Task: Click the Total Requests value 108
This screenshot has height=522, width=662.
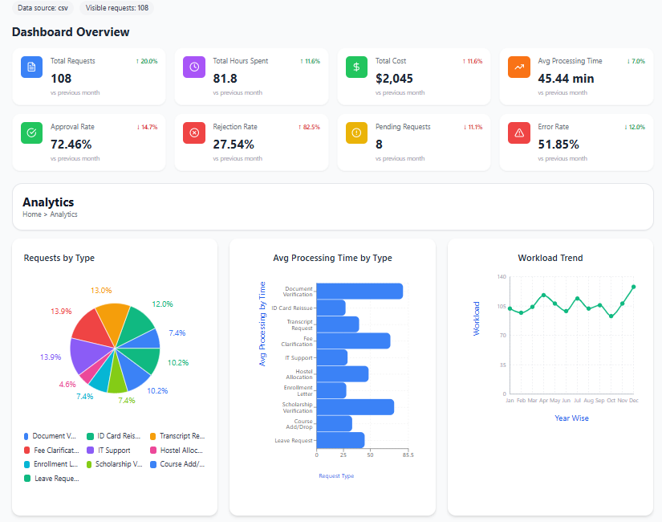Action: click(x=62, y=79)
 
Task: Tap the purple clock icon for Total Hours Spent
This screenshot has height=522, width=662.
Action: click(x=195, y=67)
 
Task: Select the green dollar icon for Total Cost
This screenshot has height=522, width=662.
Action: click(x=357, y=67)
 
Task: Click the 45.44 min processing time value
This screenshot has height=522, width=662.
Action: click(x=566, y=79)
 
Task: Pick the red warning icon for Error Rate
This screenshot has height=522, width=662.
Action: click(x=519, y=133)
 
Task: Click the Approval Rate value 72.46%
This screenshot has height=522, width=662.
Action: click(x=71, y=145)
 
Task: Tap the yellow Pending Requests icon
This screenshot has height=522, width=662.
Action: click(x=357, y=133)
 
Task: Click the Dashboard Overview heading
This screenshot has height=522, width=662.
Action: click(x=71, y=32)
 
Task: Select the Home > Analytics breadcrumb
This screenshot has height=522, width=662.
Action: click(x=50, y=214)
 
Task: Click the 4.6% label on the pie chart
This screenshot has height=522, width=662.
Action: click(x=67, y=385)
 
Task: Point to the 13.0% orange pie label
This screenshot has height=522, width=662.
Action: click(x=101, y=290)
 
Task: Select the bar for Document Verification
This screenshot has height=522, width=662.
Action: click(x=359, y=291)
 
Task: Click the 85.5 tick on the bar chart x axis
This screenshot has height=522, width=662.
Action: click(x=408, y=455)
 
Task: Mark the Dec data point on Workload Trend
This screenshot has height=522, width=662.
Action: click(x=634, y=287)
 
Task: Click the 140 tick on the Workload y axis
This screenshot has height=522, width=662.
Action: click(x=502, y=277)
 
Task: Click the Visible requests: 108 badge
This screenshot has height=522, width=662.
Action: click(x=117, y=8)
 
